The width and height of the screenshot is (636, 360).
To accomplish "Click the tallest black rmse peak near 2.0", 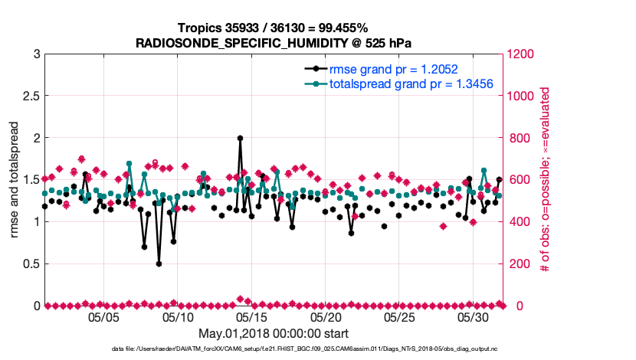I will tap(240, 139).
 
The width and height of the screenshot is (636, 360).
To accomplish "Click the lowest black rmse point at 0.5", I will tap(159, 263).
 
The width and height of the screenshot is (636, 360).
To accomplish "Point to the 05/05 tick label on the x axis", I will tap(103, 316).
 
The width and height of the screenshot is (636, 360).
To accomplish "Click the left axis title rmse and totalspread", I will tap(15, 180).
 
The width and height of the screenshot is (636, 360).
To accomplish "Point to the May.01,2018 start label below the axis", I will tap(274, 333).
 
